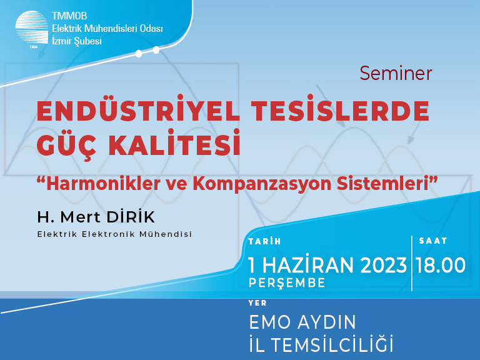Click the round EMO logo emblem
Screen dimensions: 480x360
(x=32, y=27)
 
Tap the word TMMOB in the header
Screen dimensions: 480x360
(x=69, y=16)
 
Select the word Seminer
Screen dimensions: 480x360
(x=396, y=74)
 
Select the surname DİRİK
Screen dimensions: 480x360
(x=131, y=217)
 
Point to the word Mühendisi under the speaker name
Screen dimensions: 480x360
(x=166, y=234)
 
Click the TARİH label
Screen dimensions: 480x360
(x=265, y=241)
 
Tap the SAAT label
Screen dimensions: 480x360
(x=433, y=241)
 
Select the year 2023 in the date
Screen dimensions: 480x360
(x=384, y=265)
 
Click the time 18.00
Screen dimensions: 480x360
(x=441, y=265)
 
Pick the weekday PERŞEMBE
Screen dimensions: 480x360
(x=287, y=283)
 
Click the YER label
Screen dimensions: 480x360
(x=257, y=303)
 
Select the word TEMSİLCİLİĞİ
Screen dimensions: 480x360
(x=332, y=344)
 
